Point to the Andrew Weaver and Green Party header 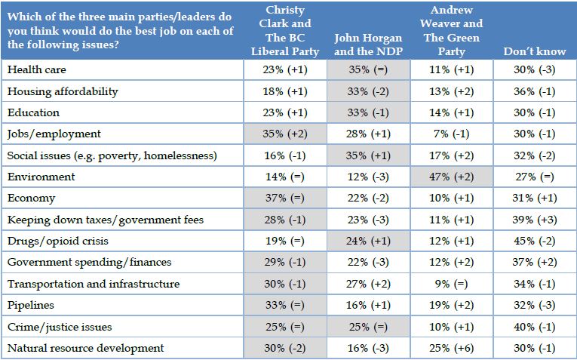[x=451, y=30]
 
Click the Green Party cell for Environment [x=451, y=177]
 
